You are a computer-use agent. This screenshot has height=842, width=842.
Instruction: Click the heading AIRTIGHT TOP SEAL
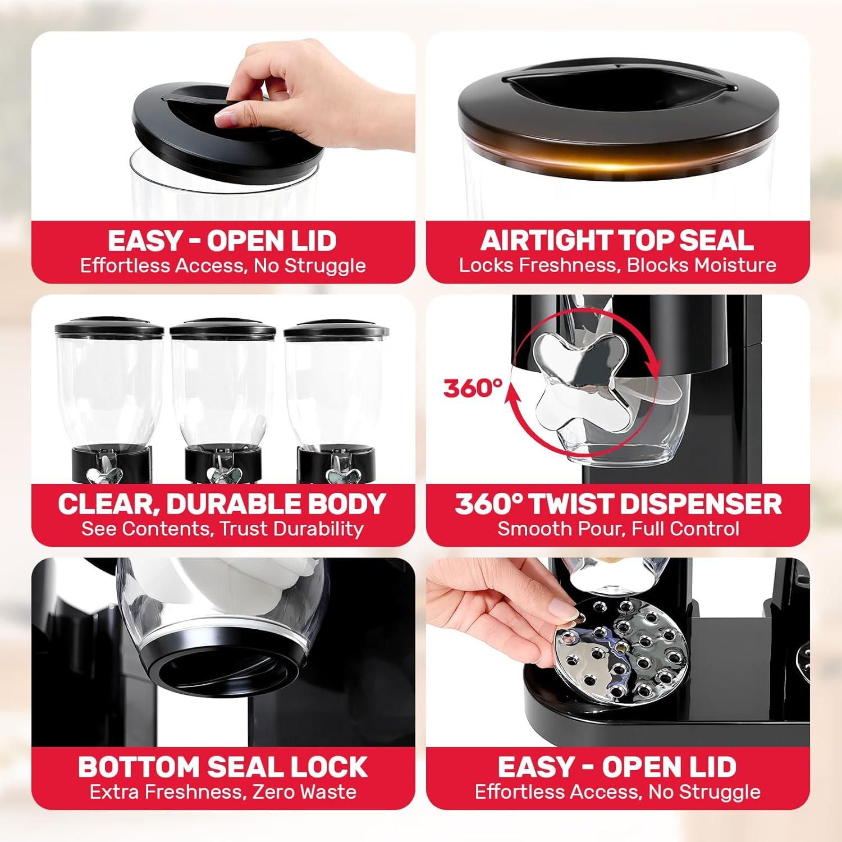(x=617, y=240)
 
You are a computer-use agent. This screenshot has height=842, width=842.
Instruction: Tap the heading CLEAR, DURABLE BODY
(x=222, y=504)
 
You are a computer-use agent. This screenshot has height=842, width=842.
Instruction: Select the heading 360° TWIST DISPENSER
(x=618, y=504)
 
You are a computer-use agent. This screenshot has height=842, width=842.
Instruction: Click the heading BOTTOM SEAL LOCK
(x=223, y=767)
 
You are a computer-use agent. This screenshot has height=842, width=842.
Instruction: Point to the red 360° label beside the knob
(x=470, y=388)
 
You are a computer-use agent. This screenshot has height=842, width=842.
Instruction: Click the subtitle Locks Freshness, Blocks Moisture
(x=617, y=266)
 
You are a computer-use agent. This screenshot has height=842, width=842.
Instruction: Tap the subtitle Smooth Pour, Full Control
(x=618, y=529)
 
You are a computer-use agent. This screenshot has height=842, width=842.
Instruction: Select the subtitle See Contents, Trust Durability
(x=222, y=529)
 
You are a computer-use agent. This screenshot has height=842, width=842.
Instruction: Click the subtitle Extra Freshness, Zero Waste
(x=223, y=792)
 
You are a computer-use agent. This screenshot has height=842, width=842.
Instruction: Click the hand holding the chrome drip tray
(x=494, y=623)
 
